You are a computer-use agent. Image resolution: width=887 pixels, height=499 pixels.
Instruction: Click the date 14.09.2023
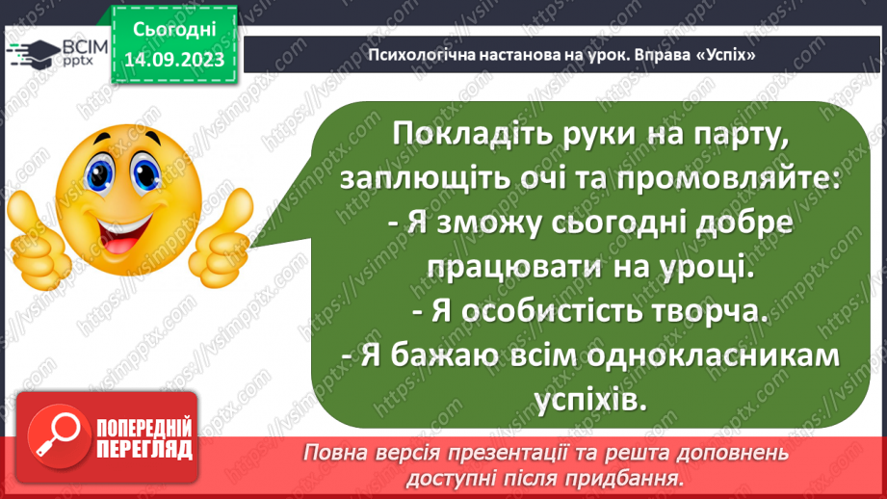(174, 59)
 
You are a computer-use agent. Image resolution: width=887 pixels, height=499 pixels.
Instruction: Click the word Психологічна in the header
(417, 55)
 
